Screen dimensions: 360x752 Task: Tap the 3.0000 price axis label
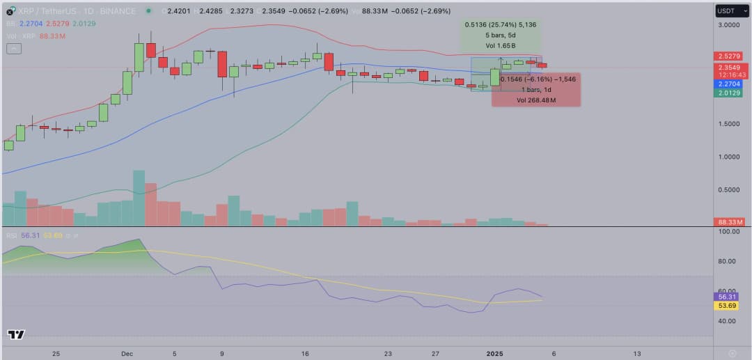click(728, 25)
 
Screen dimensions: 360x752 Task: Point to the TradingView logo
click(16, 335)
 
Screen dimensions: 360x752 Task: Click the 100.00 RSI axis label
click(728, 231)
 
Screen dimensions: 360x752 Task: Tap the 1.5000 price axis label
click(728, 124)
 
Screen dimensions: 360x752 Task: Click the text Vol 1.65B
click(500, 45)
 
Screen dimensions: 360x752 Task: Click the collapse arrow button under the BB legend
click(14, 48)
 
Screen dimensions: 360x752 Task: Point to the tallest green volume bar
click(139, 198)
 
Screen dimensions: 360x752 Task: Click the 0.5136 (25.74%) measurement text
click(500, 24)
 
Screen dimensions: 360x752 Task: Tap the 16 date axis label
click(305, 353)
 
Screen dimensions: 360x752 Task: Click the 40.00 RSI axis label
click(728, 321)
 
